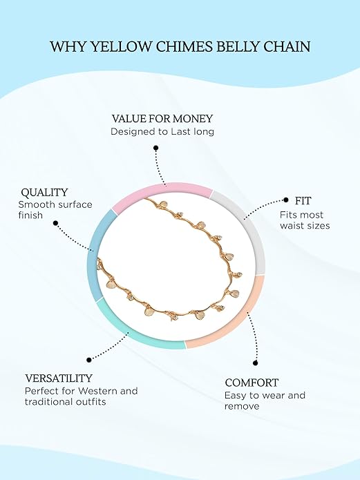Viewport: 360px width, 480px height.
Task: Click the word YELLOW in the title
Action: (122, 47)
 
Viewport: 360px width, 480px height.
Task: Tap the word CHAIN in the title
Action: (287, 47)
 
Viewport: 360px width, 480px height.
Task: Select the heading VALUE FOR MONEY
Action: (162, 119)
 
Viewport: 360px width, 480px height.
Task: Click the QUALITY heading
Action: (44, 193)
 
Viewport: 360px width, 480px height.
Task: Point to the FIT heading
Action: (303, 201)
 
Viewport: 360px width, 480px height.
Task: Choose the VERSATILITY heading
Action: (59, 378)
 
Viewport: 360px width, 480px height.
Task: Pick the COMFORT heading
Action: (252, 383)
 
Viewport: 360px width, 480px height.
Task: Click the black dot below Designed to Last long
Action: (156, 148)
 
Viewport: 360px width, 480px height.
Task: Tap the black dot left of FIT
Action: (286, 200)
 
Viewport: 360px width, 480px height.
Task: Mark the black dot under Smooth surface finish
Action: (55, 223)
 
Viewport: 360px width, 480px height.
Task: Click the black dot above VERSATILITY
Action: (89, 360)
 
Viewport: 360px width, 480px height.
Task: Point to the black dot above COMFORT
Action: (255, 363)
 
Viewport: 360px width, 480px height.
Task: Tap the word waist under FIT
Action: (290, 226)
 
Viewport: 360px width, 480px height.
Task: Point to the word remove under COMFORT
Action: (242, 407)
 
